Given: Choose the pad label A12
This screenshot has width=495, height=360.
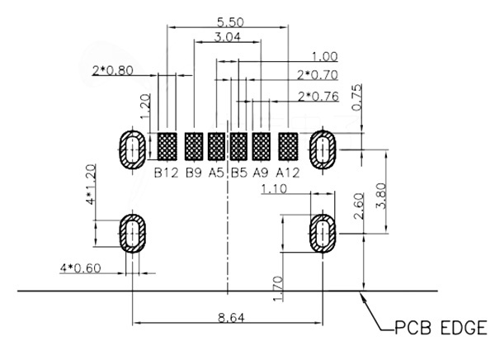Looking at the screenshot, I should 288,173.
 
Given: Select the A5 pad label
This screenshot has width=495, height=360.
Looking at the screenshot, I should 217,173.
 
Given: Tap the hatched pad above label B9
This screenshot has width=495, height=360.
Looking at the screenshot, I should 194,148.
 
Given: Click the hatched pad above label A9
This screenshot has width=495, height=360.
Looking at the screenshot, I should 262,148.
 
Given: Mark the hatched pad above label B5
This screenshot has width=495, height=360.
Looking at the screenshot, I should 239,148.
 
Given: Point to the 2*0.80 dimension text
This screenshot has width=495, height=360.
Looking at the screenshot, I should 113,70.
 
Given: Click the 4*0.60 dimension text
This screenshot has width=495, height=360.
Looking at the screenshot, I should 81,268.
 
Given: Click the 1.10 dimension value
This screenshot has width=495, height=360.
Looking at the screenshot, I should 273,190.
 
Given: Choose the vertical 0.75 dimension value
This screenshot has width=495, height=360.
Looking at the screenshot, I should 356,97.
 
